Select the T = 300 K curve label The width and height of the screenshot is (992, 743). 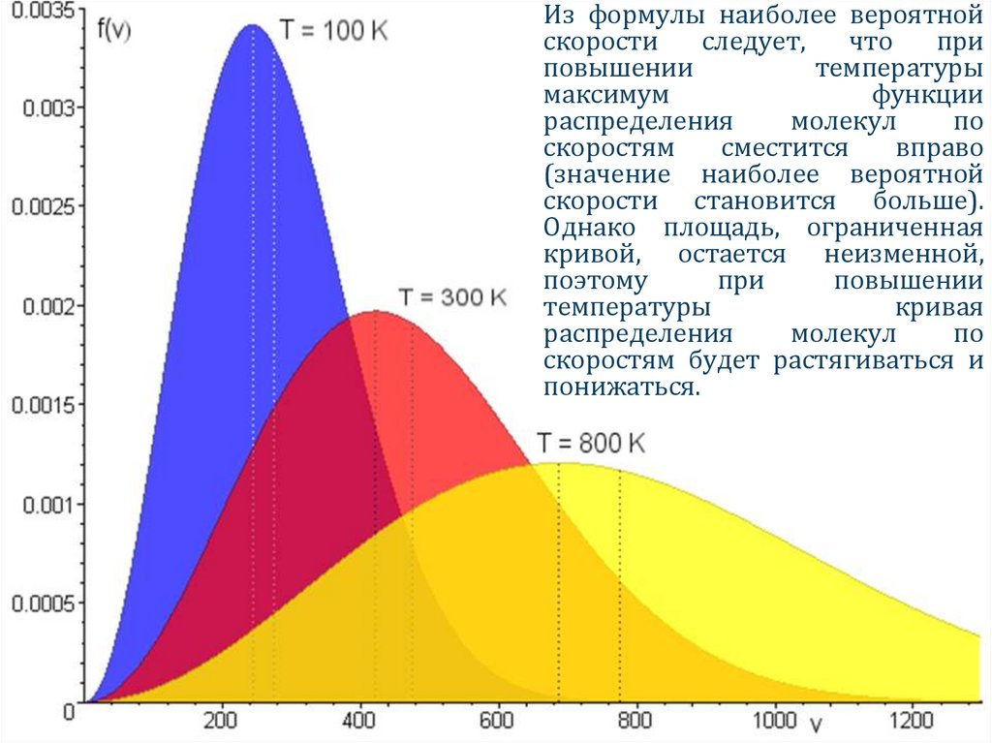point(452,296)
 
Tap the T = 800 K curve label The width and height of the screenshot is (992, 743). point(591,445)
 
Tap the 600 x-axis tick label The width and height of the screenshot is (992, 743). point(499,722)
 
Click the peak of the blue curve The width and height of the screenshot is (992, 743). point(252,25)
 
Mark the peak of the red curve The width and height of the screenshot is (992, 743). point(376,312)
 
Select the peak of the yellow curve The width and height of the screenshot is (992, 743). point(559,463)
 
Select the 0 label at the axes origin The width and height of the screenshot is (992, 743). point(68,712)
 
